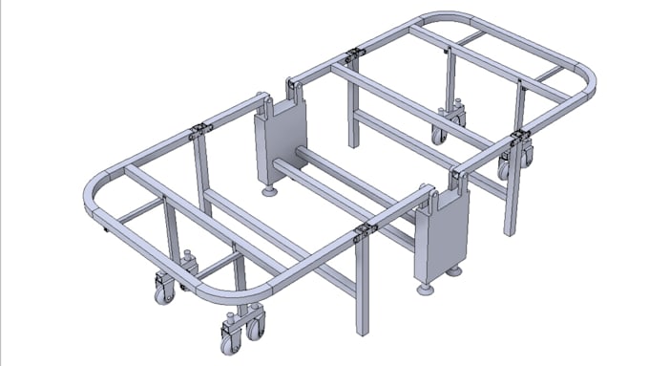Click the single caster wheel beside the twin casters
(x=163, y=291)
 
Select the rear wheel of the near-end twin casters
(x=255, y=327)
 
